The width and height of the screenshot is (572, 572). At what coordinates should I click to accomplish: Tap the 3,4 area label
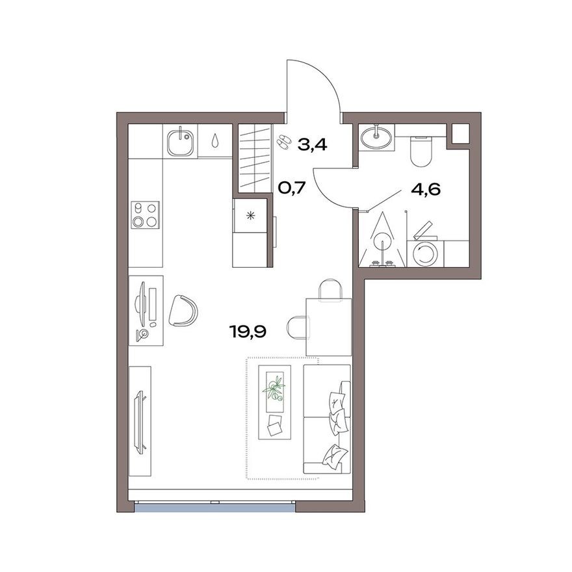point(311,144)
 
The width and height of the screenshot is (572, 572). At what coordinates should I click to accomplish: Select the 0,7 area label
point(292,189)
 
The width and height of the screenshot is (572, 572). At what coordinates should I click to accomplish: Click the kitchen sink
point(180,142)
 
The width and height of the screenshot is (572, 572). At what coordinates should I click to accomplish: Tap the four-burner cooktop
point(145,215)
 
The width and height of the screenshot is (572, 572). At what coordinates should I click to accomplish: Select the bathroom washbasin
point(376,136)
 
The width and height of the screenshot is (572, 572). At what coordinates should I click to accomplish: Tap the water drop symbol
point(215,140)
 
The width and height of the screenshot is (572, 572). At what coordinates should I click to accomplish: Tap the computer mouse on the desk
point(153,323)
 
